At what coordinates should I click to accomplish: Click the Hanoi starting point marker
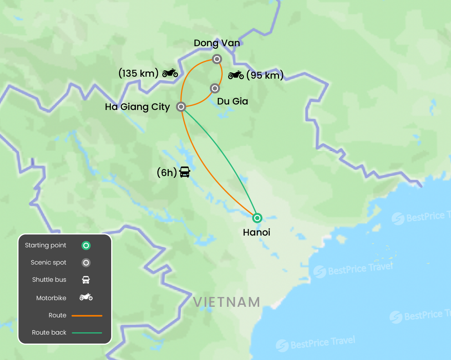tap(257, 218)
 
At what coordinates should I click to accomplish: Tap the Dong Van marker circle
tap(217, 59)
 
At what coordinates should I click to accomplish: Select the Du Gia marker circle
tap(215, 88)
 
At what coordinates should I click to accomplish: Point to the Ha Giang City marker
tap(181, 106)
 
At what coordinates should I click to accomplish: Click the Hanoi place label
tap(256, 232)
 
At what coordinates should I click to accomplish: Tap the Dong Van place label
tap(217, 43)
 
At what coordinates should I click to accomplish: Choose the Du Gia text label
tap(233, 101)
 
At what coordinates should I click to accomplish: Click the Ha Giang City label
tap(137, 107)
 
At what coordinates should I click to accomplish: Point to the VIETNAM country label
tap(227, 302)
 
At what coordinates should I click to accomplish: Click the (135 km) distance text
tap(138, 73)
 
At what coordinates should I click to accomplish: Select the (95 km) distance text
tap(265, 75)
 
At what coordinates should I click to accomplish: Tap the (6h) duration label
tap(167, 173)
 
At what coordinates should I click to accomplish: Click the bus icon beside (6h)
tap(185, 172)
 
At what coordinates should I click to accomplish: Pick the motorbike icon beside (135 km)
tap(170, 73)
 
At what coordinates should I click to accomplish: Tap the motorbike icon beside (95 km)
tap(236, 75)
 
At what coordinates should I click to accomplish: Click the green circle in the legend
tap(86, 246)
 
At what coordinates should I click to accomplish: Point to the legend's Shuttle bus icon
tap(86, 280)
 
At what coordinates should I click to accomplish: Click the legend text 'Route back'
tap(49, 333)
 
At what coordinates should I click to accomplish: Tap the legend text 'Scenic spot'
tap(49, 263)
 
